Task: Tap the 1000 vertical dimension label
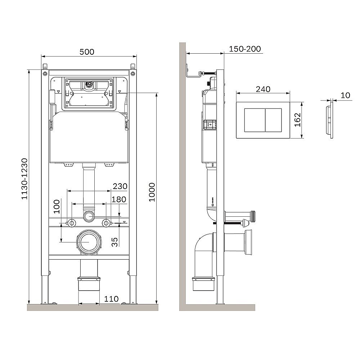click(152, 192)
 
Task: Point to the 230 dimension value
click(120, 186)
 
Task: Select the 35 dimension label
click(115, 242)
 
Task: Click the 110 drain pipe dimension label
click(112, 298)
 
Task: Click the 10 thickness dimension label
click(345, 95)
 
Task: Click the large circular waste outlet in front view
click(89, 242)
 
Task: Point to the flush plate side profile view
click(329, 122)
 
